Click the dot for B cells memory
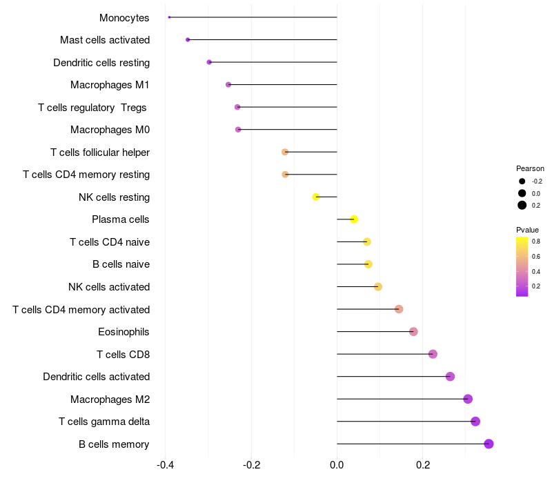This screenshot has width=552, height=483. (489, 444)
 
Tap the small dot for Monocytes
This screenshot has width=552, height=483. (169, 17)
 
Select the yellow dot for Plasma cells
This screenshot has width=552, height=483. (354, 219)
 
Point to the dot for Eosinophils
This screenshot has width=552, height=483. (413, 332)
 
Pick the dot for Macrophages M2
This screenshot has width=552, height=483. (468, 399)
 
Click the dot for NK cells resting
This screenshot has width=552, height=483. (316, 197)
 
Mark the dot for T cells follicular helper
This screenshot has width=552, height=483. (285, 152)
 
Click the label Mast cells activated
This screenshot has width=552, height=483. (105, 40)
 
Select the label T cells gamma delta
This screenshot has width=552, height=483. (104, 422)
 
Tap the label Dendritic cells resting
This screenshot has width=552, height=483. (101, 63)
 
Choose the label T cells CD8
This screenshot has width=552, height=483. (123, 355)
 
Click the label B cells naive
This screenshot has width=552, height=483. (121, 264)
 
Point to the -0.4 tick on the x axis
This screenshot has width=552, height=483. (166, 465)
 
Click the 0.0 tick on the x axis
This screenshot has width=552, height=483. (337, 465)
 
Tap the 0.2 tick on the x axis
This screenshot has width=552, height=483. (422, 465)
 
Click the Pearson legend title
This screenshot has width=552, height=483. (530, 168)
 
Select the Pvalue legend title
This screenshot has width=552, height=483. (528, 230)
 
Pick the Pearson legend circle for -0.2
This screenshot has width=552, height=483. (522, 181)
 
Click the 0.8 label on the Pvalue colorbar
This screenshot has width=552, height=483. (536, 241)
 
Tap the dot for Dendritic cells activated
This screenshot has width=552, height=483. (450, 377)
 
